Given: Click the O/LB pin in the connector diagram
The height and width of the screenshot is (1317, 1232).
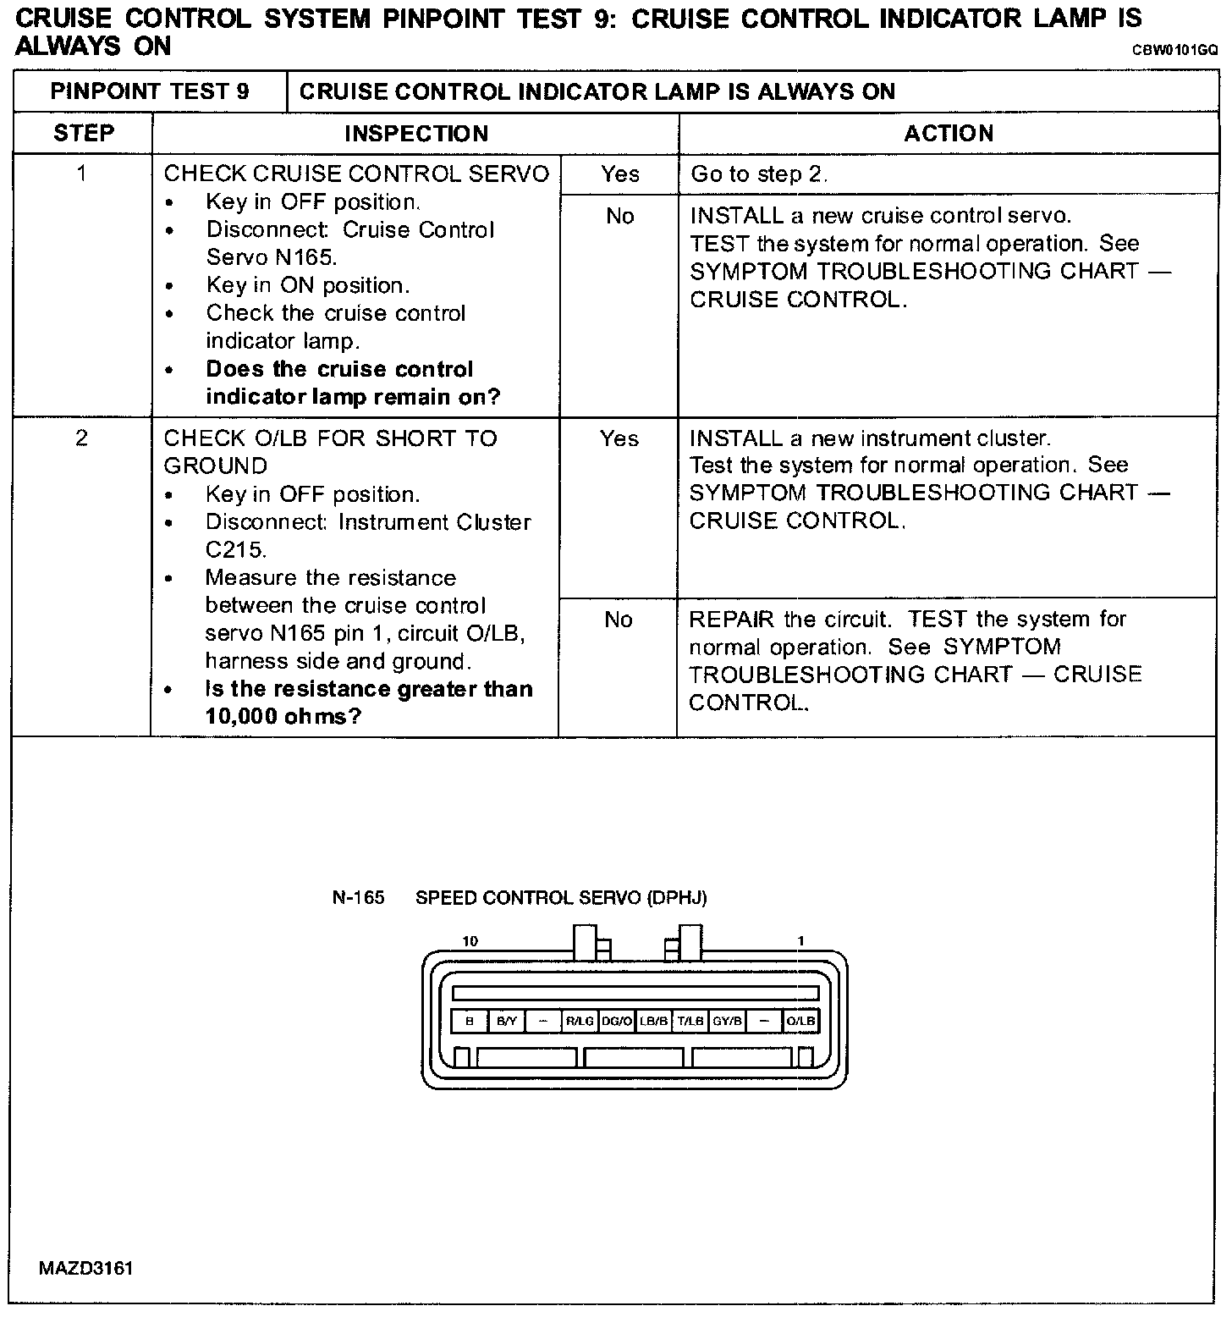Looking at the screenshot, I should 800,1022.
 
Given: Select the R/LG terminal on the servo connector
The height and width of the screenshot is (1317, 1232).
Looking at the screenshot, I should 580,1022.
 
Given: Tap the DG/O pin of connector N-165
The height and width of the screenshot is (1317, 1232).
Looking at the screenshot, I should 617,1022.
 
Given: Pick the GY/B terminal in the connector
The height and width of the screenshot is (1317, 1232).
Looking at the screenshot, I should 727,1022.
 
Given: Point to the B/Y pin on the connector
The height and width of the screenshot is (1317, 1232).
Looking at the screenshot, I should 506,1022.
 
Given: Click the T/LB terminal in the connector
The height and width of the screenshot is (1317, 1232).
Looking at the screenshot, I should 690,1022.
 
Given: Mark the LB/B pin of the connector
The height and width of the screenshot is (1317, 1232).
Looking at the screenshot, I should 653,1022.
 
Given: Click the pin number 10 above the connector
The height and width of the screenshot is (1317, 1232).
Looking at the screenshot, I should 470,941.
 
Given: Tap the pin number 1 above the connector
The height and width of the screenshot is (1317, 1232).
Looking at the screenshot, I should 800,941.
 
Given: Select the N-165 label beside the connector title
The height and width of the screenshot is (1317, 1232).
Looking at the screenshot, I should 358,898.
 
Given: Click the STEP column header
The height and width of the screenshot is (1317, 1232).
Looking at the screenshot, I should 83,134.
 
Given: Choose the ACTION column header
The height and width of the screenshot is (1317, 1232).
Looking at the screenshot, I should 949,134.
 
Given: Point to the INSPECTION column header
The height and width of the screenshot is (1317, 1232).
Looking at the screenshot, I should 415,134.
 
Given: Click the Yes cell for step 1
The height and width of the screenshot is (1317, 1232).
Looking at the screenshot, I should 619,174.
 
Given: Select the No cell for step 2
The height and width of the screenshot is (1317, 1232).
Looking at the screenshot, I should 619,620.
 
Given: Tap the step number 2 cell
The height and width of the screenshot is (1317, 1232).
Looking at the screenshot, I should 81,438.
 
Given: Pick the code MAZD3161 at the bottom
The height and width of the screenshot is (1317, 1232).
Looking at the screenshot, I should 85,1269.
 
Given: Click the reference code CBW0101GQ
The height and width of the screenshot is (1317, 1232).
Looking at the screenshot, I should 1175,51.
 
